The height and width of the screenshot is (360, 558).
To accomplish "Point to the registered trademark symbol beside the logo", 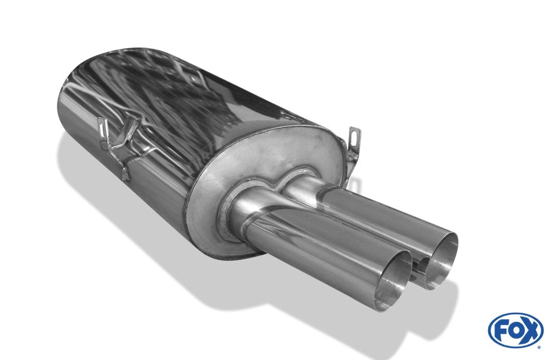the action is (540, 347).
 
